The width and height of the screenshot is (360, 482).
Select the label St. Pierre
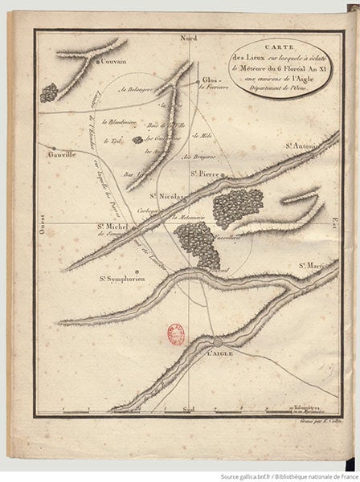click(x=207, y=172)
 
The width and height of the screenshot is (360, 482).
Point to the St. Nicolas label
click(x=169, y=195)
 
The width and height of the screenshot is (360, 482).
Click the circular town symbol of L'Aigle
click(x=216, y=344)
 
